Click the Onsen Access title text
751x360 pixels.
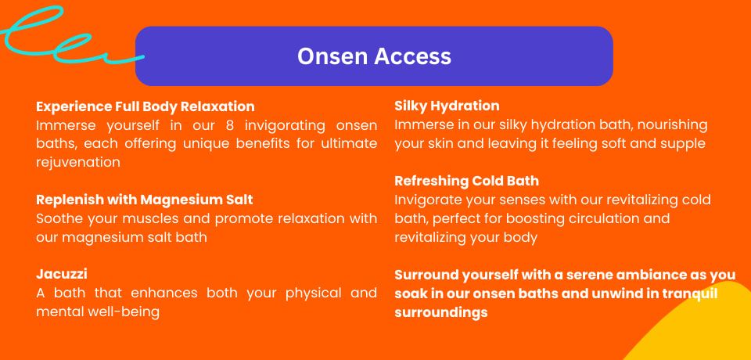(x=374, y=56)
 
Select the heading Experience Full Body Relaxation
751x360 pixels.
(x=146, y=106)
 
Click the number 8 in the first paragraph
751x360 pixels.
(x=229, y=125)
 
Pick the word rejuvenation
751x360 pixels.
(x=78, y=163)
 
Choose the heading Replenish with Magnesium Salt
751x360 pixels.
(x=144, y=200)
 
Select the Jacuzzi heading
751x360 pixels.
(x=61, y=275)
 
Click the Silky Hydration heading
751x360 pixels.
(x=447, y=106)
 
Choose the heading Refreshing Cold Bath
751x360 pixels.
(x=466, y=182)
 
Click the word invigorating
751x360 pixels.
(x=285, y=125)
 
